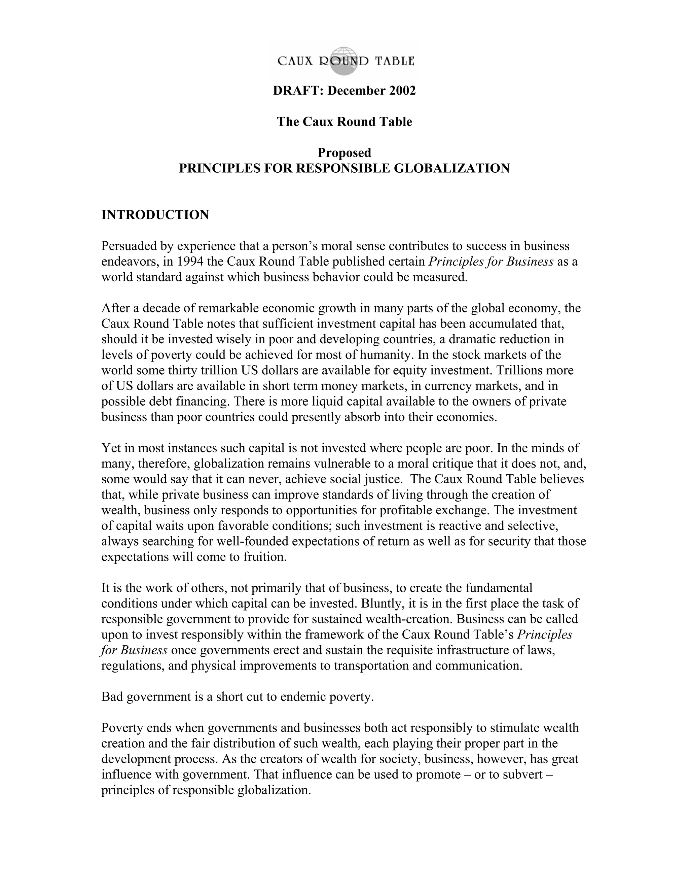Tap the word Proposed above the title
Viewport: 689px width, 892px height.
[344, 153]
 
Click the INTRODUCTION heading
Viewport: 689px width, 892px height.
[155, 215]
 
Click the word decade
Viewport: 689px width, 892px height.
[156, 308]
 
